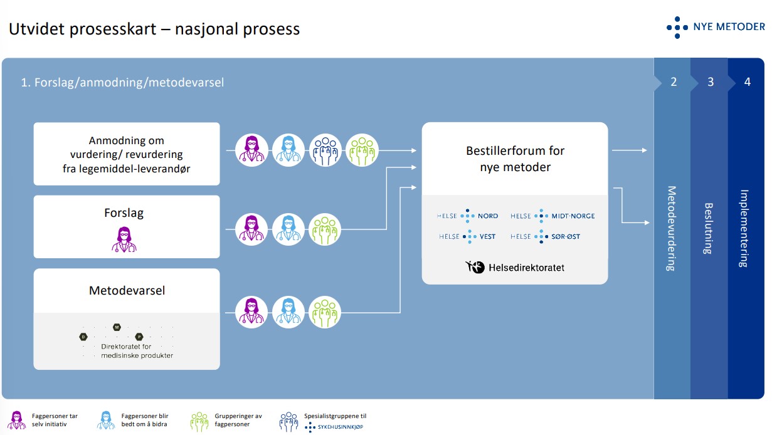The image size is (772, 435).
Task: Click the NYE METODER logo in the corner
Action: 716,27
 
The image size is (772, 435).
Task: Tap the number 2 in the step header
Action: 674,82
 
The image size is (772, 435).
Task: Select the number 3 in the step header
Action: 711,82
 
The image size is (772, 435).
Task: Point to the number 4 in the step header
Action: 747,82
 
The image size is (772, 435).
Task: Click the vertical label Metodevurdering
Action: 671,228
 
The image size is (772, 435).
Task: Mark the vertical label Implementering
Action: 744,228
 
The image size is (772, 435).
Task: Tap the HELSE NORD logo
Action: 468,216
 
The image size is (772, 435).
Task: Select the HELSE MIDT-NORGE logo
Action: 553,216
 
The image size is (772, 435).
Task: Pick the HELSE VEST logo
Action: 468,236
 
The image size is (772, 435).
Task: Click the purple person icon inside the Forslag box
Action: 124,238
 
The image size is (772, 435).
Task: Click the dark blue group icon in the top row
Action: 325,151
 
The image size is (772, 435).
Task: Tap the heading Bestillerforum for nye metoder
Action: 515,159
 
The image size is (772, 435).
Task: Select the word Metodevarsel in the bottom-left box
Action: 127,291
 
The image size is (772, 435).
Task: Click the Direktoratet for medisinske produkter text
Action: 137,351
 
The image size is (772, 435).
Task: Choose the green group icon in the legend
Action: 199,421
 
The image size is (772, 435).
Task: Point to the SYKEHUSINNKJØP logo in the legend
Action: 336,427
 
